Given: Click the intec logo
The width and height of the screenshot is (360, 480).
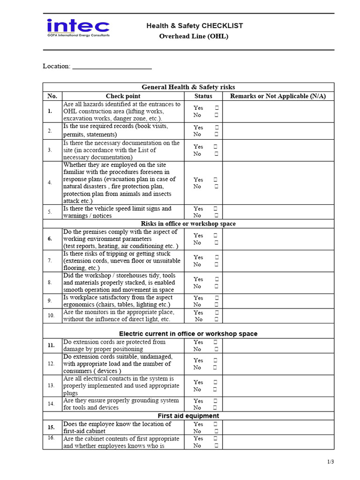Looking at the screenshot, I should point(78,29).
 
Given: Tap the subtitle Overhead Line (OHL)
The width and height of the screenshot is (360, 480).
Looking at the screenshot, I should point(194,36).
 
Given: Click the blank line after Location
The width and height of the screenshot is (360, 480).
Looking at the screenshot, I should point(112,67).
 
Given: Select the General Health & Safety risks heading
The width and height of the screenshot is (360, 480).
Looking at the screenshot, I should point(188,87).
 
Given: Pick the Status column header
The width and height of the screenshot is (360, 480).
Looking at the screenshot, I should point(203,96).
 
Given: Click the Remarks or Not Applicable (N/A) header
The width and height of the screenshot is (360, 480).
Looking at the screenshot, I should point(278,96).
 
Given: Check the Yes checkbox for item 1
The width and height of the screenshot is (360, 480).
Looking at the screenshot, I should point(216,108).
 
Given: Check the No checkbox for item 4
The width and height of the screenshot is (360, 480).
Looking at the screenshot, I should point(216,187).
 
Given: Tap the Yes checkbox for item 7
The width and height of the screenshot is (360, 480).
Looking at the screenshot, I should point(216,257).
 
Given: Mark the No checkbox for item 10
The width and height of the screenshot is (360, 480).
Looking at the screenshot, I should point(216,319).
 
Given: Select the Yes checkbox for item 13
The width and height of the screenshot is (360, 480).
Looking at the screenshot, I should point(216,382).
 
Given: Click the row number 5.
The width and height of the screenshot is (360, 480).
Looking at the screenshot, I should point(50,212).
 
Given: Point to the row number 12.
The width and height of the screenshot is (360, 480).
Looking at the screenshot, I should point(50,364).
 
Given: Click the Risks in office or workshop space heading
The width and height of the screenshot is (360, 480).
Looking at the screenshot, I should point(188,224).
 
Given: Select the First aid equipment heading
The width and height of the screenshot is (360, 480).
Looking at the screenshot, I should point(188,416).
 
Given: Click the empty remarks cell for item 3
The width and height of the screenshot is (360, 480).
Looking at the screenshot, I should point(278,150).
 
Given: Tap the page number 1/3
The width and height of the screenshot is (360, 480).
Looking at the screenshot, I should point(330,462).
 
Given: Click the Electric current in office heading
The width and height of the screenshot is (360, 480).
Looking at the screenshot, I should point(188,334).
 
